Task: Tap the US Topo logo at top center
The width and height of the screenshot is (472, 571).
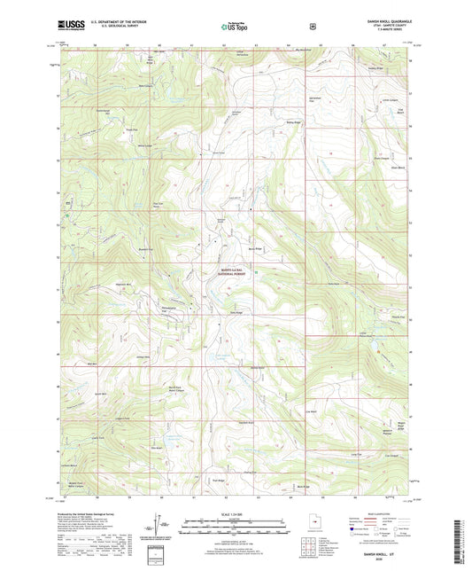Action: pos(235,27)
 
